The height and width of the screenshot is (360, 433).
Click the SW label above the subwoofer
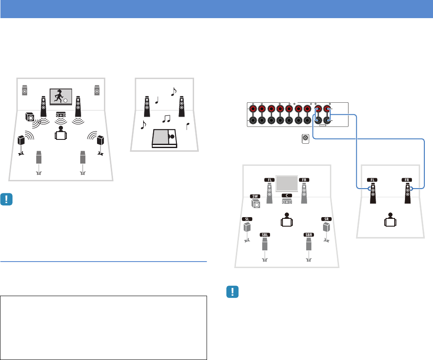(255, 196)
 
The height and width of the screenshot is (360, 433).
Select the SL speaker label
(247, 218)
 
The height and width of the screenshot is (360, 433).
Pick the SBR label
(308, 235)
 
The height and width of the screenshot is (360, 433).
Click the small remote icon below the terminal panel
(305, 139)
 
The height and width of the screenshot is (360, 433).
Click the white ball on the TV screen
(65, 101)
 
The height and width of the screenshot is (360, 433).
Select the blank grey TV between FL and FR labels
(287, 183)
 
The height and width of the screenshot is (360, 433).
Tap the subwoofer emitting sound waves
(30, 117)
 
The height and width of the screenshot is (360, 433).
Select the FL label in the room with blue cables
(371, 180)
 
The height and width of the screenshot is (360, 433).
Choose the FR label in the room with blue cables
(407, 180)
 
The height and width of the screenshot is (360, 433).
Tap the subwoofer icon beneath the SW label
(256, 204)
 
